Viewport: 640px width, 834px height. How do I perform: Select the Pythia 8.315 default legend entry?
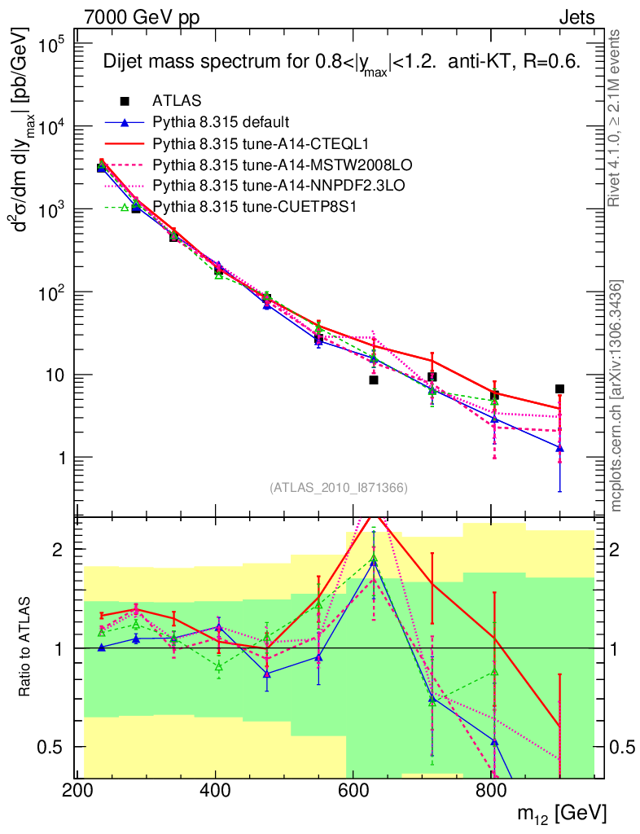click(x=221, y=122)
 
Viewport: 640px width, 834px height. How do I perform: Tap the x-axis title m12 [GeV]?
click(x=561, y=813)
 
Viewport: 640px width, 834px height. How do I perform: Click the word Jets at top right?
click(x=576, y=16)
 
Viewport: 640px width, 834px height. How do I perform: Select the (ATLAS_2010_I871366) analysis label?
click(x=338, y=488)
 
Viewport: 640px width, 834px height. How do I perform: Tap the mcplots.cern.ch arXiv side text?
click(x=617, y=395)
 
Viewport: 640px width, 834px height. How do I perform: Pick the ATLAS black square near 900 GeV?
click(x=559, y=388)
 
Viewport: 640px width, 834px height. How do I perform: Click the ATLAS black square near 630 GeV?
click(x=374, y=380)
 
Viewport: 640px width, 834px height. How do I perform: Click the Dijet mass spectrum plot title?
click(x=340, y=64)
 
